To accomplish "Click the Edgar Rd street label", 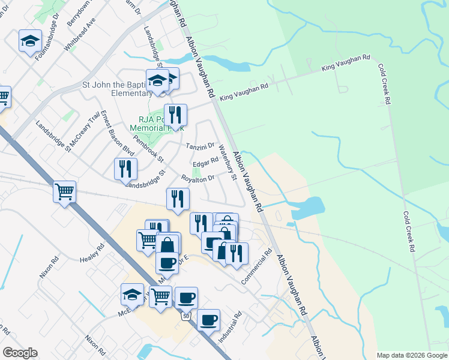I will pyautogui.click(x=205, y=163).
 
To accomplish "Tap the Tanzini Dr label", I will pyautogui.click(x=200, y=146).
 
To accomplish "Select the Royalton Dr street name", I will pyautogui.click(x=198, y=178).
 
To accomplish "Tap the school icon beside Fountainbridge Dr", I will pyautogui.click(x=30, y=41).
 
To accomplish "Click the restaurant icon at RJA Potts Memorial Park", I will pyautogui.click(x=175, y=115).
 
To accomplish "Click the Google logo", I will pyautogui.click(x=20, y=353).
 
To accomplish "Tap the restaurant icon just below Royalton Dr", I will pyautogui.click(x=178, y=199).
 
